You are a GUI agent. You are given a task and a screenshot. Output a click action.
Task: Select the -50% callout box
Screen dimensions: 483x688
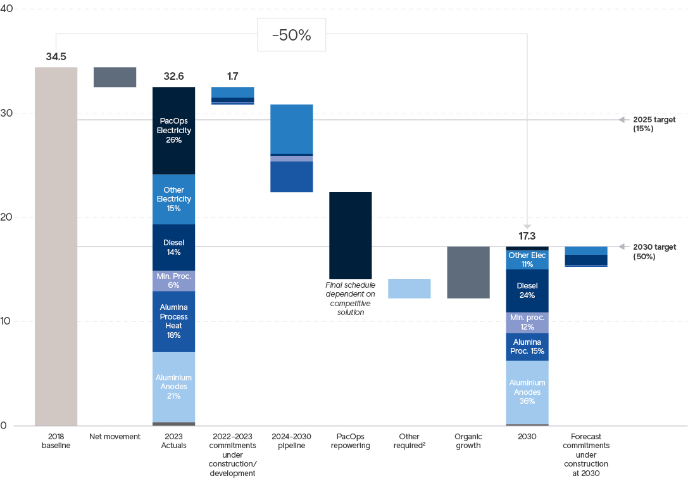point(291,35)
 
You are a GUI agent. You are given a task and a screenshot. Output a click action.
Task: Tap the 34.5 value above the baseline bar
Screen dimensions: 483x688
point(56,57)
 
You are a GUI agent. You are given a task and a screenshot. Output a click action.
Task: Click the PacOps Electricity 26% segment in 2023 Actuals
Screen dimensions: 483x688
point(173,131)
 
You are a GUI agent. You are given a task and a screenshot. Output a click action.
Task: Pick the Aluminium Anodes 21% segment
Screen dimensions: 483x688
point(173,387)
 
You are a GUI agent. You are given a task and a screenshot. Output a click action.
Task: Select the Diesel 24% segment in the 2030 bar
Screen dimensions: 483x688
point(527,290)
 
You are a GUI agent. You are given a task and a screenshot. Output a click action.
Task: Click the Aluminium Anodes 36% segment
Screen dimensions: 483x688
point(527,392)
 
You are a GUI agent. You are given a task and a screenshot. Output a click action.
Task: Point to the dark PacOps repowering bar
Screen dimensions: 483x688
point(350,235)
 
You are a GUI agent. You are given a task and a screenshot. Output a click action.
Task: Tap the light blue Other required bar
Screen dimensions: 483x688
point(409,288)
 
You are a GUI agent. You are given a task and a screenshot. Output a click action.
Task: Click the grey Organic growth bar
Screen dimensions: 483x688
point(468,272)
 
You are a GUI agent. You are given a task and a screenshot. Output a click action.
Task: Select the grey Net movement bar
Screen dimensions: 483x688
point(115,77)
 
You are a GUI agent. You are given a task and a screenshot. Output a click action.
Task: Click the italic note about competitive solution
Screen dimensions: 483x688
point(350,299)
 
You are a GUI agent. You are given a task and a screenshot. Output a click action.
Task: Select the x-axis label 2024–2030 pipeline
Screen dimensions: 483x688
point(291,441)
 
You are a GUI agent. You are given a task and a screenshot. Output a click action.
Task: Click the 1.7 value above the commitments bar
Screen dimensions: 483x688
point(232,77)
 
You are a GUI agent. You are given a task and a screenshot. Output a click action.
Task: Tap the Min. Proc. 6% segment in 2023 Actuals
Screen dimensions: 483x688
point(173,281)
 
